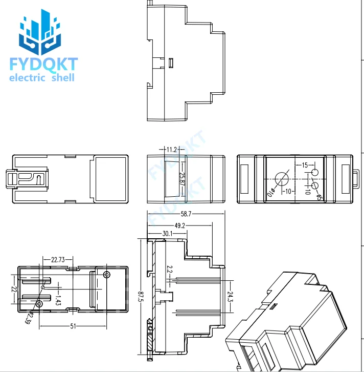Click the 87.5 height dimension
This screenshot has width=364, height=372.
point(141,297)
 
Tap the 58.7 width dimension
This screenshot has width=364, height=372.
point(186,214)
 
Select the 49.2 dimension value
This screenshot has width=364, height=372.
point(179,225)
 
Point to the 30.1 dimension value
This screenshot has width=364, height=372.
point(167,234)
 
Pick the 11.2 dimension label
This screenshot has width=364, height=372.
point(172,150)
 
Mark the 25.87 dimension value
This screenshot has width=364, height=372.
point(182,179)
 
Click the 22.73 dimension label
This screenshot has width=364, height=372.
point(58,260)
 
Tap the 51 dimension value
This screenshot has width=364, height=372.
point(73,326)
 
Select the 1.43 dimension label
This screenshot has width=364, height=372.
point(58,300)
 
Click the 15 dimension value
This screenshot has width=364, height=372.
point(305,165)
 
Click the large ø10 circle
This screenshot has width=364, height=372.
point(282,179)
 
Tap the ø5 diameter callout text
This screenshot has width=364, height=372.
point(319,197)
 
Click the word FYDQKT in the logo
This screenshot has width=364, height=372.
point(44,64)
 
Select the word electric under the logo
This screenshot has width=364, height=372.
point(27,77)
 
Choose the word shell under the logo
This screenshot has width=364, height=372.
point(63,77)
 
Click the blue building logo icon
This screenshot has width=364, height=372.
point(40,32)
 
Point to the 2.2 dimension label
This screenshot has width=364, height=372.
point(169,269)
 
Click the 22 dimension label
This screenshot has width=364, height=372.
point(14,289)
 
